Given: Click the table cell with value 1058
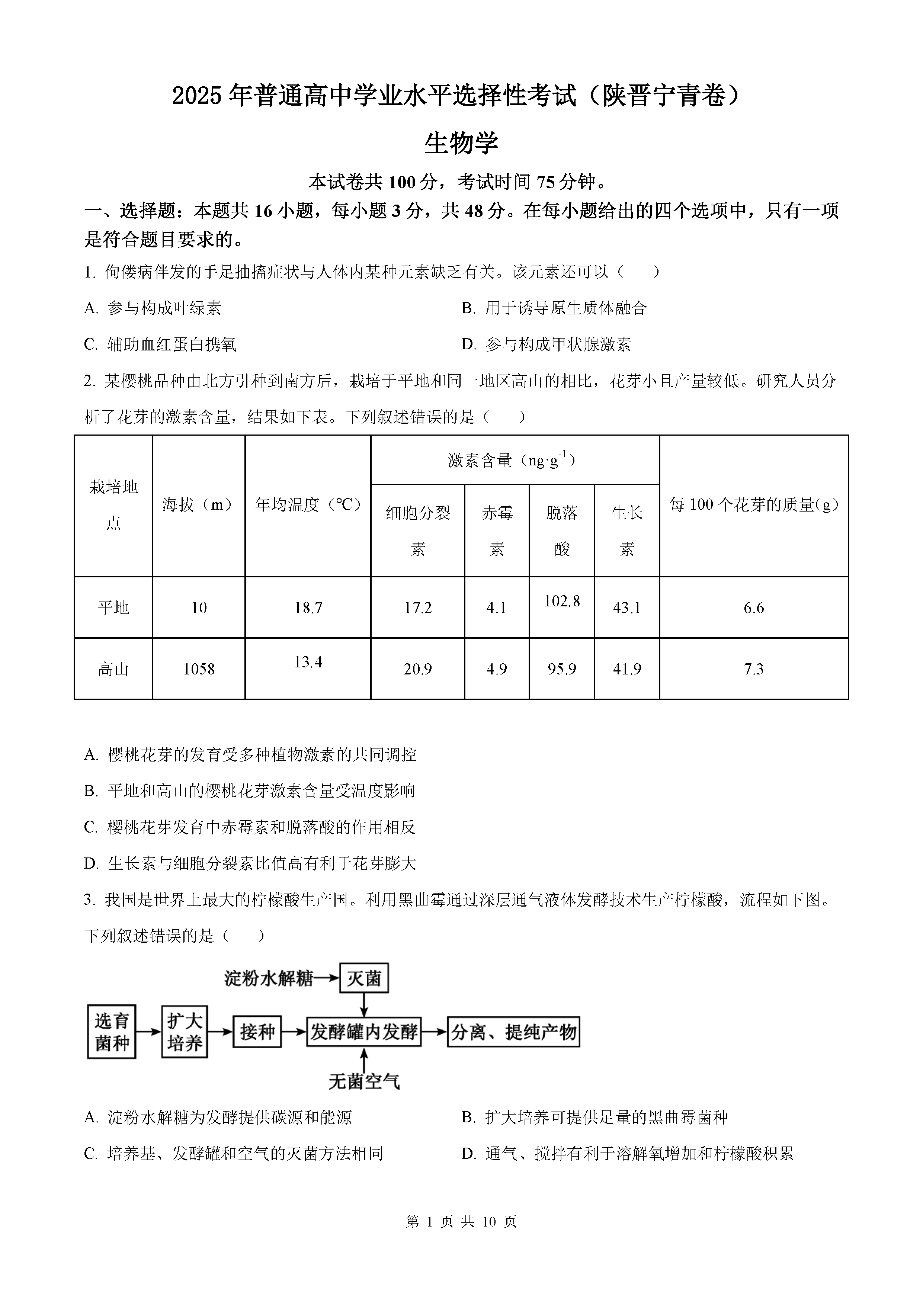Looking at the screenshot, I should (x=198, y=669).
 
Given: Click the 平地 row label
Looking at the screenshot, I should (x=113, y=607).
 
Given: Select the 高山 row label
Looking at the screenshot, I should (x=113, y=669).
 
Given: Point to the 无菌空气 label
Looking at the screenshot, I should (x=364, y=1081).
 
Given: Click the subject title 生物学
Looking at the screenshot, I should (x=461, y=142).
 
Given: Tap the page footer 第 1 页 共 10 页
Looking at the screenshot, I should (x=461, y=1221).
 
